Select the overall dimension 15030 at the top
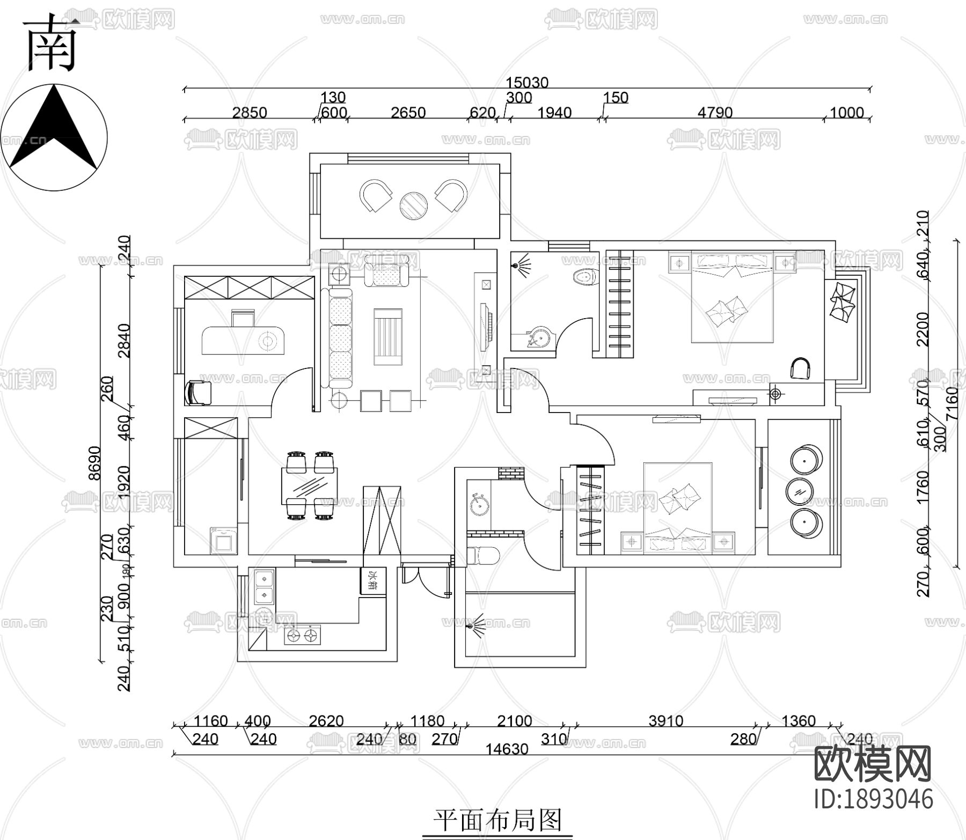click(527, 83)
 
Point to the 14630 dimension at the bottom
click(507, 749)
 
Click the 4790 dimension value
click(715, 113)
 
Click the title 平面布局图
click(497, 821)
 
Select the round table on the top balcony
click(413, 205)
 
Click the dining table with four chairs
click(310, 486)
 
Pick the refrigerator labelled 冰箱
click(370, 581)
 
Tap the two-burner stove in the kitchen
click(302, 636)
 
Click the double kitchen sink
click(264, 587)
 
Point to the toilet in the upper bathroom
click(586, 277)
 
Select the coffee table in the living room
click(387, 336)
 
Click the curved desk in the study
click(242, 341)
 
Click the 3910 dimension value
click(665, 721)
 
